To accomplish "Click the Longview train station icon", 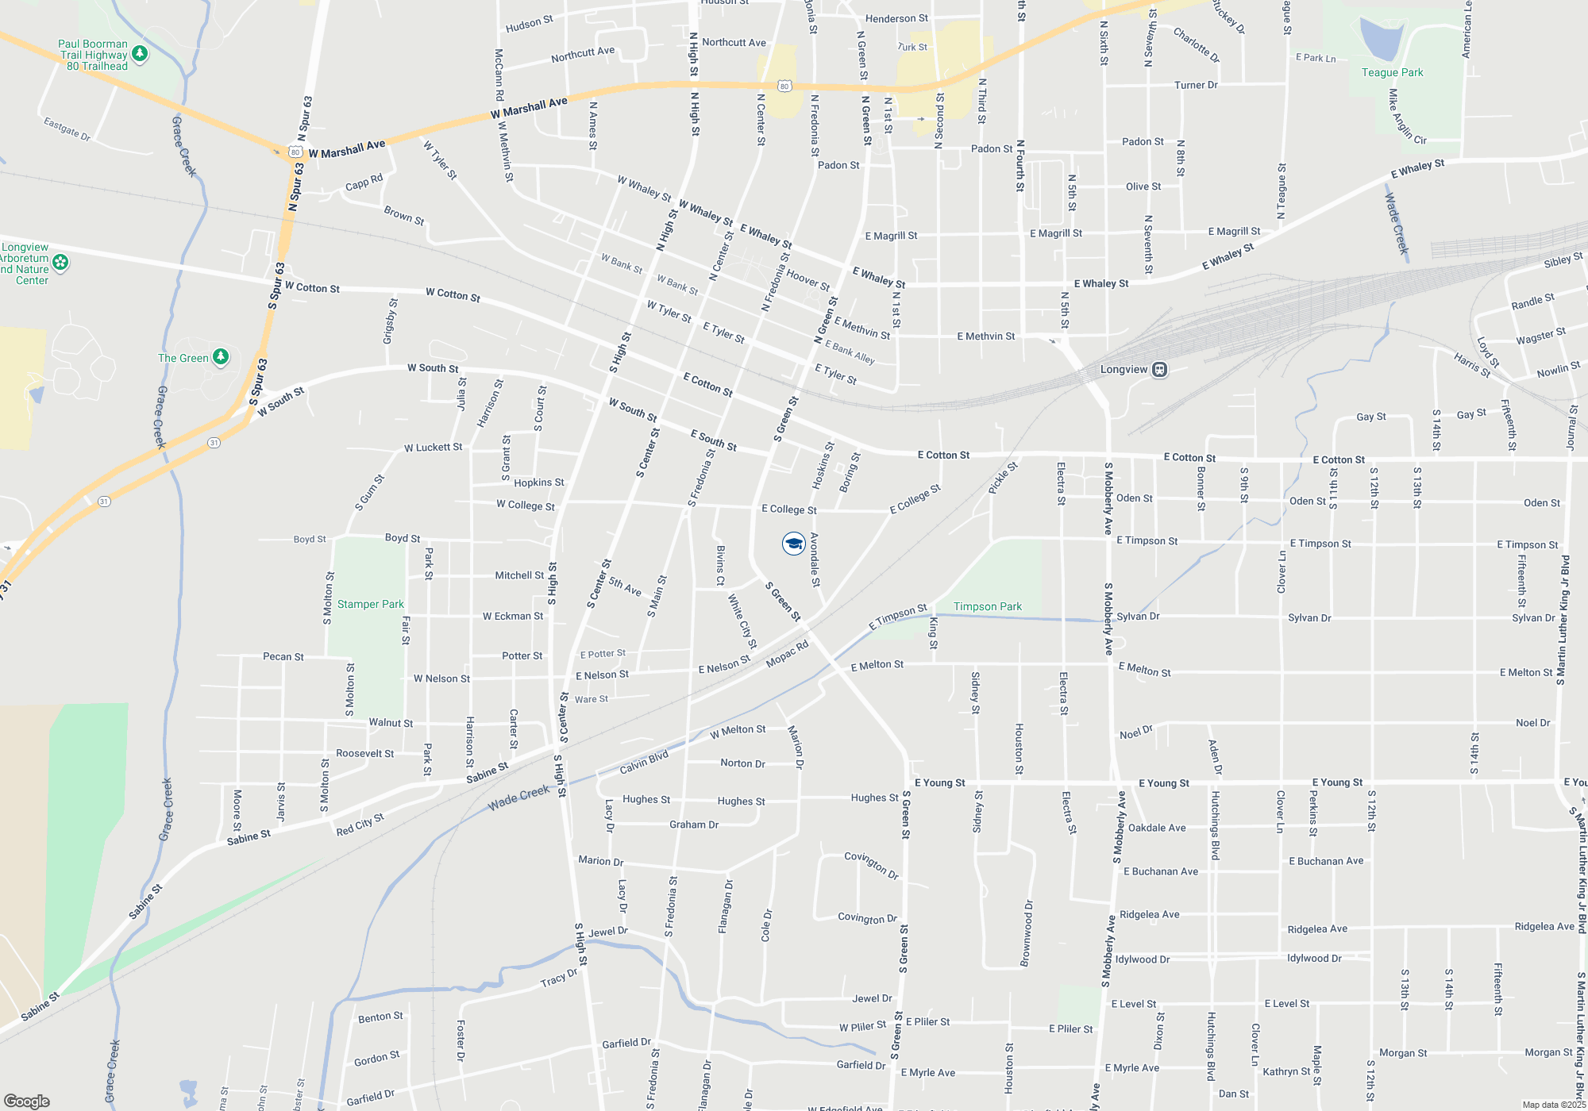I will click(1159, 370).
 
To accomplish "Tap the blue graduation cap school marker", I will click(793, 544).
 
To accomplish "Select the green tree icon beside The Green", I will click(221, 358).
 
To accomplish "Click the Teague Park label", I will click(1392, 73).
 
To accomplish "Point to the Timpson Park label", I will click(987, 607).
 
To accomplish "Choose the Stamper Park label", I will click(370, 605).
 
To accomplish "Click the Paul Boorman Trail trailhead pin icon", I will click(140, 54).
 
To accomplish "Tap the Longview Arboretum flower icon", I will click(60, 263).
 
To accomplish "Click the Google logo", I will click(26, 1101).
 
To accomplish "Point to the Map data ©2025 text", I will click(1553, 1105).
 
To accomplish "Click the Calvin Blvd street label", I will click(644, 763).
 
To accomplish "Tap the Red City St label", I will click(360, 825).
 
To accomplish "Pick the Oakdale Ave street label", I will click(1157, 828).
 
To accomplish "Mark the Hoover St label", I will click(807, 280).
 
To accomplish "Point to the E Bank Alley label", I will click(850, 352).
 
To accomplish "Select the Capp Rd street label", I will click(364, 183).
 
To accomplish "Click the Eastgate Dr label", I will click(67, 129).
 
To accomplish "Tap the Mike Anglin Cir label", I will click(1406, 117).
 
